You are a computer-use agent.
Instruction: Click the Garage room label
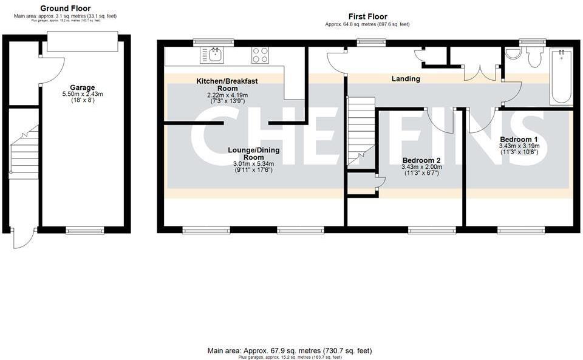(82, 87)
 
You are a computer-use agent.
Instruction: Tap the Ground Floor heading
(65, 8)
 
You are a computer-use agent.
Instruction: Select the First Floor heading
(367, 16)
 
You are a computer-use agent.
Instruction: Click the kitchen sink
(216, 55)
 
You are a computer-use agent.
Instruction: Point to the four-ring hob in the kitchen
(261, 55)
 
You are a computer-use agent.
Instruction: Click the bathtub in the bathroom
(561, 76)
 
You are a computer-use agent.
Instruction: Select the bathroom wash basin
(513, 54)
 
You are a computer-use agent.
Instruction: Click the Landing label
(406, 79)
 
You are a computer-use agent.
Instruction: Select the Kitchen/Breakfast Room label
(219, 84)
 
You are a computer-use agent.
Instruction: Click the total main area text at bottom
(290, 350)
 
